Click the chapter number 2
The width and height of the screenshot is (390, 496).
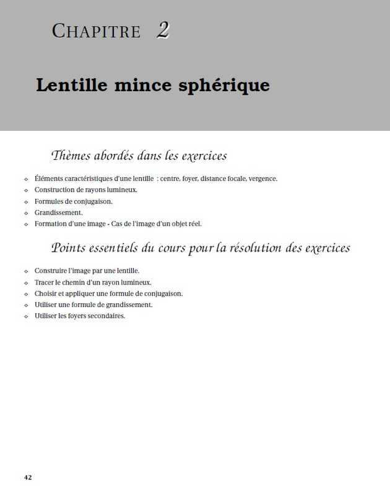coord(163,30)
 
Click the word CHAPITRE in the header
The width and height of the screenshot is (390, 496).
coord(97,31)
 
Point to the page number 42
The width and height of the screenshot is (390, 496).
coord(28,477)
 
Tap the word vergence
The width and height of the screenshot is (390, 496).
coord(263,179)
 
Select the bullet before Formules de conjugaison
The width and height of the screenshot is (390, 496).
coord(26,201)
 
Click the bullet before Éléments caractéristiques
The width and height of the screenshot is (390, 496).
coord(26,179)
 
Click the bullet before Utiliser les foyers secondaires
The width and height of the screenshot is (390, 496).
coord(26,316)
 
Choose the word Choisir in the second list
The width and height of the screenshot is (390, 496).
coord(45,293)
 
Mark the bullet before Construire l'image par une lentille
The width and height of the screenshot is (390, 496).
coord(26,272)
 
